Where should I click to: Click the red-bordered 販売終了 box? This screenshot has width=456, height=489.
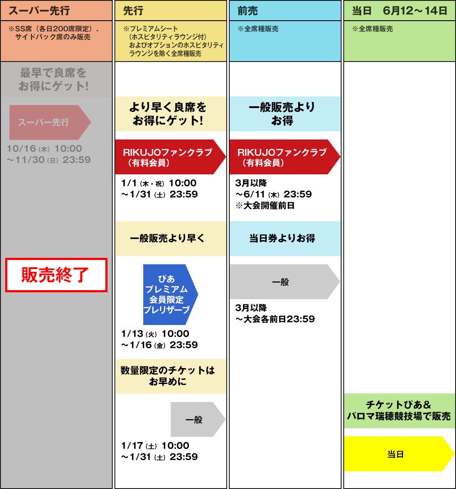click(56, 275)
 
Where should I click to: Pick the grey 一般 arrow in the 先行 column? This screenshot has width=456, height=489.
click(196, 420)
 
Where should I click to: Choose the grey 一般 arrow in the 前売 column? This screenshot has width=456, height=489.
click(282, 282)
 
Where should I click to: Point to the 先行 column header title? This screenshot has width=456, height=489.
click(133, 11)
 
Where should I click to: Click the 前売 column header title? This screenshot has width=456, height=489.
click(248, 11)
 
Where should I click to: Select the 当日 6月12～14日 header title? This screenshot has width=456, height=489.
click(400, 11)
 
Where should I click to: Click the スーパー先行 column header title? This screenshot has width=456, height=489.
click(39, 11)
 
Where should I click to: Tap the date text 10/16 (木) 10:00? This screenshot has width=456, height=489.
click(44, 149)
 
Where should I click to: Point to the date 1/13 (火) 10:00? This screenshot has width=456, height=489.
click(155, 334)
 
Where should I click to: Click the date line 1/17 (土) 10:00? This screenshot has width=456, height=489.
click(155, 446)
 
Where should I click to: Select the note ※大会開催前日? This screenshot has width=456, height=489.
click(265, 205)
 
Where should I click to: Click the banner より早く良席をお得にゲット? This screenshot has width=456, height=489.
click(170, 114)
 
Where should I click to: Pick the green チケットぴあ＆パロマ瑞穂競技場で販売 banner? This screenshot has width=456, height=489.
click(399, 411)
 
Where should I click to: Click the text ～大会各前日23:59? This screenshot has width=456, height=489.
click(275, 319)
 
